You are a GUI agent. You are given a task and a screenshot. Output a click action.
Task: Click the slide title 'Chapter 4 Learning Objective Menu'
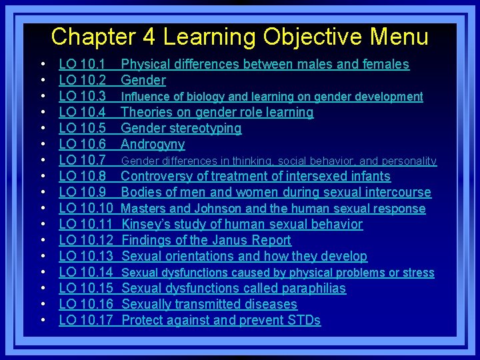click(x=239, y=37)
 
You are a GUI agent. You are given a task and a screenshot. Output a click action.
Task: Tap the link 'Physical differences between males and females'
click(x=265, y=65)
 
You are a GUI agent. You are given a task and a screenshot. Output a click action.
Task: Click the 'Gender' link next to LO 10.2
click(x=143, y=81)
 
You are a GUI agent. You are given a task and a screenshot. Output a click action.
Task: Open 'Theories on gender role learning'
click(x=217, y=113)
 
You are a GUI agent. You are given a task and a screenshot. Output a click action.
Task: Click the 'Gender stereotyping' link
click(x=181, y=129)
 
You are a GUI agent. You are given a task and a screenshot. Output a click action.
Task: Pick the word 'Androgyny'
click(x=153, y=145)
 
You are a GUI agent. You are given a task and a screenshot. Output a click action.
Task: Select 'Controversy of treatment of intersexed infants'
click(x=255, y=177)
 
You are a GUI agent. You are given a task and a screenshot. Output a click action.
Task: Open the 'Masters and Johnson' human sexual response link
click(x=273, y=209)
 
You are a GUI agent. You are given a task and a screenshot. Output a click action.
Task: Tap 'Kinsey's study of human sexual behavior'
click(x=242, y=225)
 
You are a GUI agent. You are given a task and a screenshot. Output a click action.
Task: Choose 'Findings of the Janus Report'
click(x=207, y=241)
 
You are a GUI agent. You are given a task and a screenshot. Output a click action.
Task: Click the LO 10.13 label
click(x=86, y=257)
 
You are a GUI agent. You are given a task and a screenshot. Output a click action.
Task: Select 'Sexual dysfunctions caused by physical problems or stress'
click(x=277, y=273)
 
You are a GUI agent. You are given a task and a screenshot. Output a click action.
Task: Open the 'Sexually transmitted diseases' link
click(x=209, y=305)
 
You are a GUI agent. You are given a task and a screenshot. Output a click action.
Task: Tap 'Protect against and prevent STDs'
click(x=221, y=321)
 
